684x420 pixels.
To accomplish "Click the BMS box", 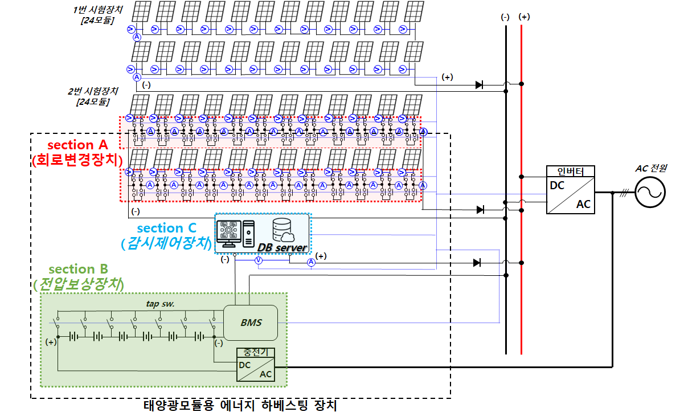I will [x=251, y=322].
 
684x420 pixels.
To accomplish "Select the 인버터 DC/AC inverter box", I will [x=571, y=190].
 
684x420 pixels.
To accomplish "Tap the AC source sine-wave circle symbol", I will [x=650, y=193].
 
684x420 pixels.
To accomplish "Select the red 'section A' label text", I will [x=77, y=145].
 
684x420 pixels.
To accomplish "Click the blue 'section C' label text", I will [x=167, y=228].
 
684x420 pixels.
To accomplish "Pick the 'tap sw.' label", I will [x=160, y=304].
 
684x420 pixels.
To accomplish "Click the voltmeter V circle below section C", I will [x=258, y=260].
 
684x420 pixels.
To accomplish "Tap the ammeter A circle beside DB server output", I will [x=311, y=262].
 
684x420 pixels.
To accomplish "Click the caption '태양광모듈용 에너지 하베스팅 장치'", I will [x=240, y=406].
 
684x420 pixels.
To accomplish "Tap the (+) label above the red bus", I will [x=524, y=17].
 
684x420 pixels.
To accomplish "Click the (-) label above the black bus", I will [x=505, y=17].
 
